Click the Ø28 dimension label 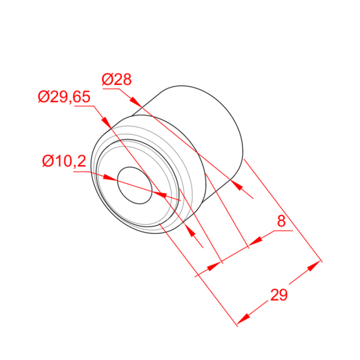pyautogui.click(x=116, y=79)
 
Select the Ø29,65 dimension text pyautogui.click(x=64, y=96)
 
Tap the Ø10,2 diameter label pyautogui.click(x=64, y=161)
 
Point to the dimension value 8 pyautogui.click(x=281, y=221)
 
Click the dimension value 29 pyautogui.click(x=279, y=295)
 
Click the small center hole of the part pyautogui.click(x=135, y=185)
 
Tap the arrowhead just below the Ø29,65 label pyautogui.click(x=106, y=121)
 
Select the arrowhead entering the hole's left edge pyautogui.click(x=110, y=178)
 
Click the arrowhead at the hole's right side pyautogui.click(x=160, y=194)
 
